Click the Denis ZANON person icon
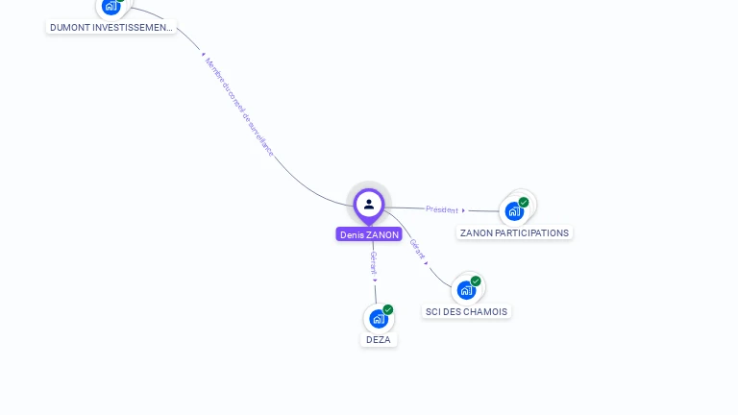point(369,205)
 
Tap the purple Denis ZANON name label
point(369,234)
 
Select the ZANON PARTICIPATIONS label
point(514,232)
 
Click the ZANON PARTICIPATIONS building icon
point(514,211)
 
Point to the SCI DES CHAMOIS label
point(466,311)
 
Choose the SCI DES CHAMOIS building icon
point(466,290)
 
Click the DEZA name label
point(379,339)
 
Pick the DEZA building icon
point(378,319)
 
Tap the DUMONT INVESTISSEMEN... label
point(111,28)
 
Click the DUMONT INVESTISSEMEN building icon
point(111,7)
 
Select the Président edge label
point(442,209)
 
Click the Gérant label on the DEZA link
point(374,262)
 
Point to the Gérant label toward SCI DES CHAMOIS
point(417,249)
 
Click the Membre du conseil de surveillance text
point(239,107)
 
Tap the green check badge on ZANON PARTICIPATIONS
point(524,203)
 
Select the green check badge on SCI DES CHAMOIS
point(476,281)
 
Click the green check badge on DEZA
point(388,310)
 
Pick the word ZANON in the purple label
point(382,234)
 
